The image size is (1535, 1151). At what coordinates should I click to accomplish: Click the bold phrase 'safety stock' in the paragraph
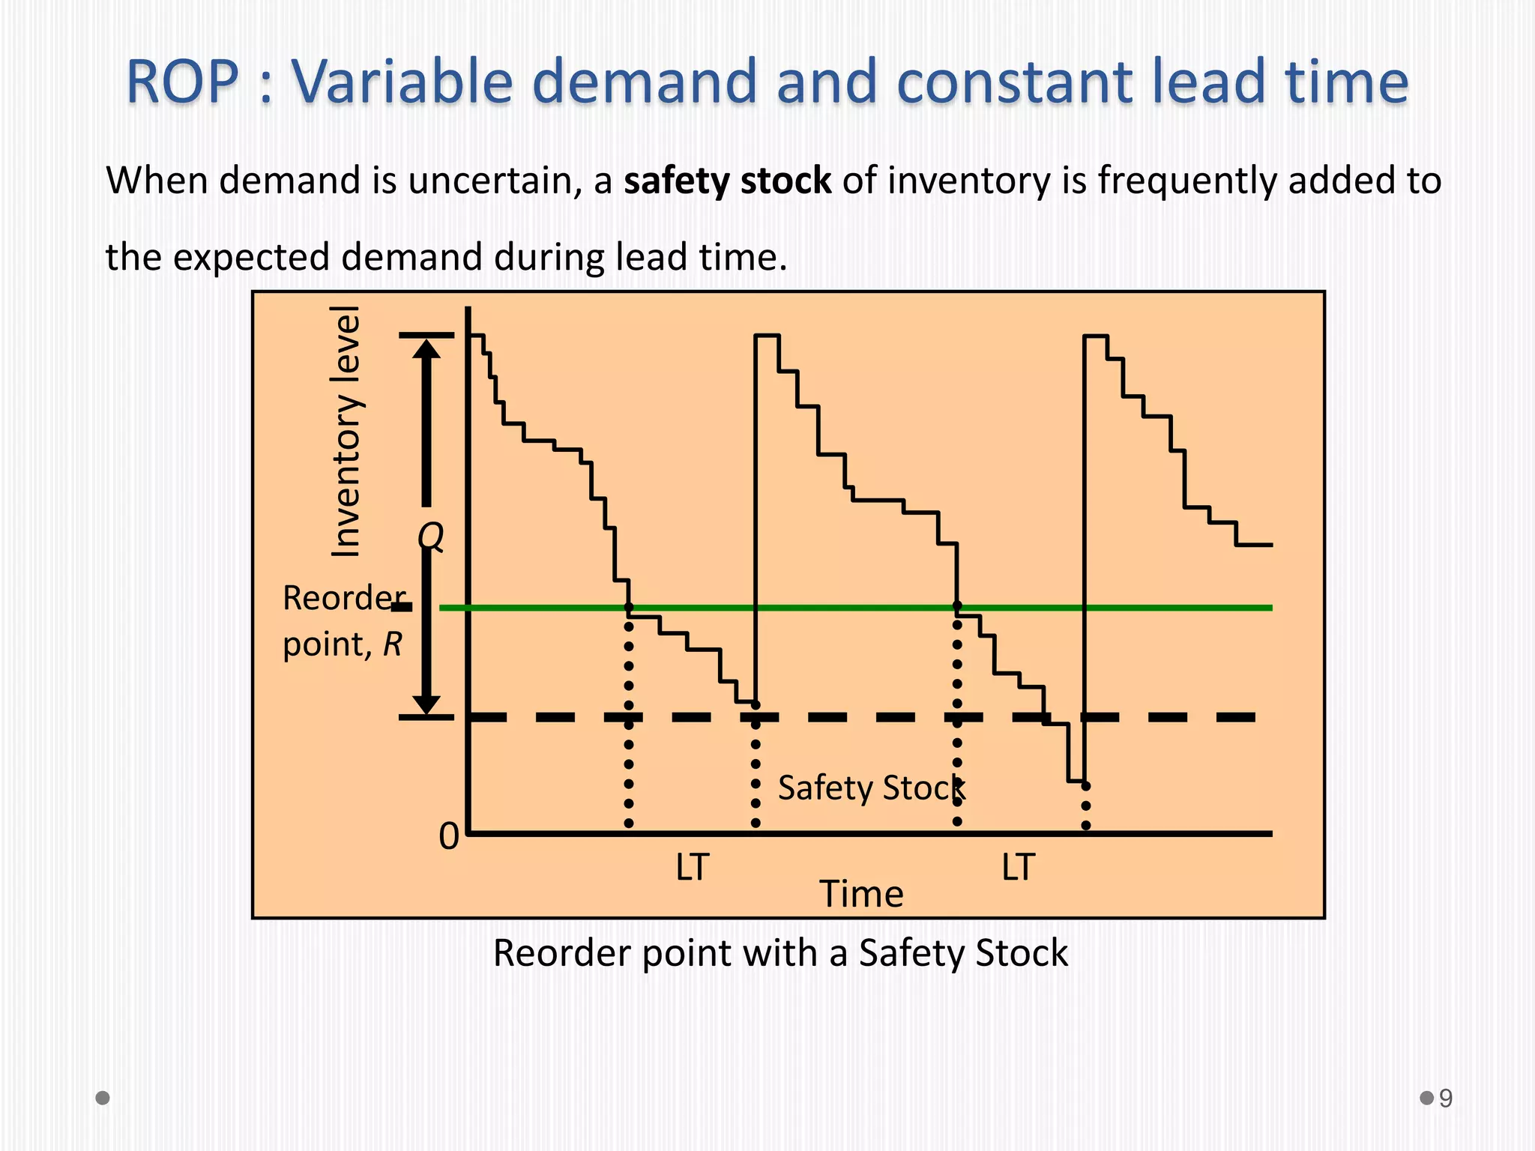click(x=727, y=181)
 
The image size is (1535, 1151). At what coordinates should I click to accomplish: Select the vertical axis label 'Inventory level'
click(x=346, y=432)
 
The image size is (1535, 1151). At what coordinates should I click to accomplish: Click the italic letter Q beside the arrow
click(x=431, y=537)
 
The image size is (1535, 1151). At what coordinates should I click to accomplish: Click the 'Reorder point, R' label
click(x=344, y=620)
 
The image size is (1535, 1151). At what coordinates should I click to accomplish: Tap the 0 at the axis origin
click(x=448, y=836)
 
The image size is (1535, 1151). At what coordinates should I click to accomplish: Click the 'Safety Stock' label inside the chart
click(x=871, y=788)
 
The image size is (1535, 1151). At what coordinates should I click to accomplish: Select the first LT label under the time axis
click(x=692, y=867)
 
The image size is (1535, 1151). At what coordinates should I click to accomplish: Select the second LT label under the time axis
click(x=1018, y=867)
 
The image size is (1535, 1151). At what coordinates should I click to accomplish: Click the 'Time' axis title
click(x=861, y=894)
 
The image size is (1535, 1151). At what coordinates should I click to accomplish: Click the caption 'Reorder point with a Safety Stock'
click(x=780, y=953)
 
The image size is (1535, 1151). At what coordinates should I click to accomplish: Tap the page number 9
click(x=1446, y=1099)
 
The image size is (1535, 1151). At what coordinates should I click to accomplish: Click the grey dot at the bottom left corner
click(x=103, y=1098)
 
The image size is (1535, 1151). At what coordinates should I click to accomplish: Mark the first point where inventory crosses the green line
click(x=628, y=607)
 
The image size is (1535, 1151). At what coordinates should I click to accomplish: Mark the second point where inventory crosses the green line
click(x=957, y=606)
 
